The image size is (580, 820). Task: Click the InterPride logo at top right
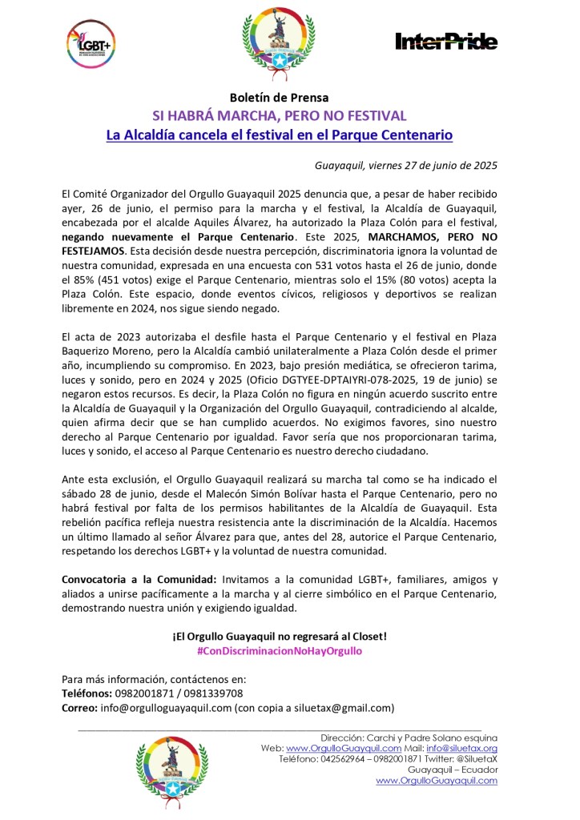[447, 42]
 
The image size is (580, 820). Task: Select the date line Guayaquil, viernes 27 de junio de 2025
[406, 166]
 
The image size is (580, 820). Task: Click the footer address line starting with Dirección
[409, 737]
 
